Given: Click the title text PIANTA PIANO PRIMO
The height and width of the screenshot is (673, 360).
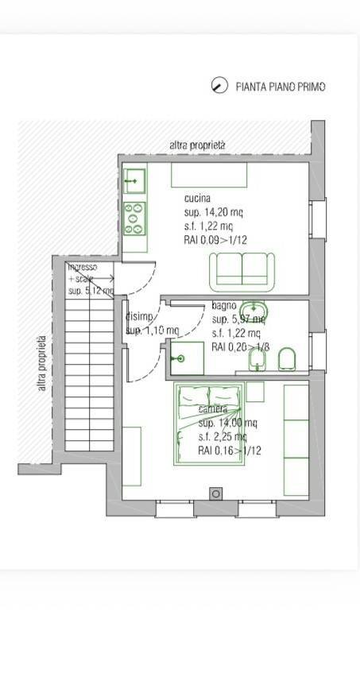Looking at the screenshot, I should point(281,87).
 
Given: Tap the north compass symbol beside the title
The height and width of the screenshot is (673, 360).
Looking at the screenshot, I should point(219,86).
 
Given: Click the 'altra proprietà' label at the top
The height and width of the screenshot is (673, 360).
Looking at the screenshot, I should point(198,145).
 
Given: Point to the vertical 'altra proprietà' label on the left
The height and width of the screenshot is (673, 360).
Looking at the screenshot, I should point(41,363).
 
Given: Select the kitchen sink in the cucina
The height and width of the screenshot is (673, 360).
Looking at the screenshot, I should point(134,181).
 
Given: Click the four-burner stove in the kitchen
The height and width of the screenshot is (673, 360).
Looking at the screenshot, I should point(134,218).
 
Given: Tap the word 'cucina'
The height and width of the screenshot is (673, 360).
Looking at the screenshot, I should point(197,198).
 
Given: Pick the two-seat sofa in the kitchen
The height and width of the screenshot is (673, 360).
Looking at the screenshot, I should point(242,272).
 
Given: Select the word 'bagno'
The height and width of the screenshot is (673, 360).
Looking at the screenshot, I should point(224,306).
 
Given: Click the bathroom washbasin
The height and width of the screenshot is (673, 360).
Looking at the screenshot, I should point(254,310).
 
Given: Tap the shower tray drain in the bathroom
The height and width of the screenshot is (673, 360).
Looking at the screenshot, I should point(181,358).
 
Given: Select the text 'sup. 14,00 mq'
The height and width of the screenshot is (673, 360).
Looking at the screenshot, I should point(227,423).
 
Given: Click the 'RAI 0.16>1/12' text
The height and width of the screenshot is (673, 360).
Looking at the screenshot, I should point(230,451).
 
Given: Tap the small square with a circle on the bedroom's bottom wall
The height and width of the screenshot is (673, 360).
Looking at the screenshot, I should point(215,493).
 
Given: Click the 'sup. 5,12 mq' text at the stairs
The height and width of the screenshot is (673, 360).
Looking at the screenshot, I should point(91,291).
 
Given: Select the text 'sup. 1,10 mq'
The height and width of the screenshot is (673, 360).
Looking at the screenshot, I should point(152,330).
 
